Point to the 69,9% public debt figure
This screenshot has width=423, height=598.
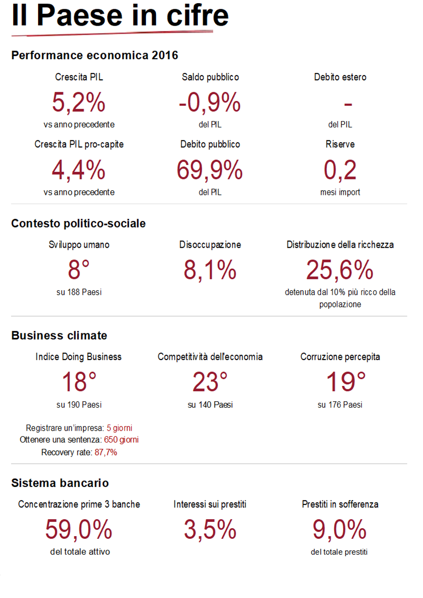pos(210,170)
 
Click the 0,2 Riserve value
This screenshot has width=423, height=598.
pos(340,170)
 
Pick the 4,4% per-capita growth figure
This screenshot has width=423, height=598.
pos(79,170)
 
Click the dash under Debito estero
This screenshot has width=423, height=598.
pos(348,105)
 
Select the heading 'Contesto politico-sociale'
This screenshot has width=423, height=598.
pos(78,223)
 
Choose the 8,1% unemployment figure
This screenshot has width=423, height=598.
pos(210,270)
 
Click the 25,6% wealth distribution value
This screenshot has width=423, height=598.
pos(340,270)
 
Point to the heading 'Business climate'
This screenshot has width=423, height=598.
pos(59,335)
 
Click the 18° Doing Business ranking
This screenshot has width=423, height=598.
pos(79,382)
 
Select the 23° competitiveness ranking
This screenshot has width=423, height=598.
pos(210,382)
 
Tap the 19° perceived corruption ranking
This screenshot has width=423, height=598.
pos(340,382)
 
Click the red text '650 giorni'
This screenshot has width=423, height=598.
pos(121,440)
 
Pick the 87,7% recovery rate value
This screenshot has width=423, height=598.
pos(105,452)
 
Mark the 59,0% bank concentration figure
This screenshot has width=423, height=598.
pos(79,530)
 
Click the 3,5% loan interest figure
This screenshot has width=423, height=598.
pos(210,530)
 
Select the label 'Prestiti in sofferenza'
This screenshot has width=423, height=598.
pos(340,504)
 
